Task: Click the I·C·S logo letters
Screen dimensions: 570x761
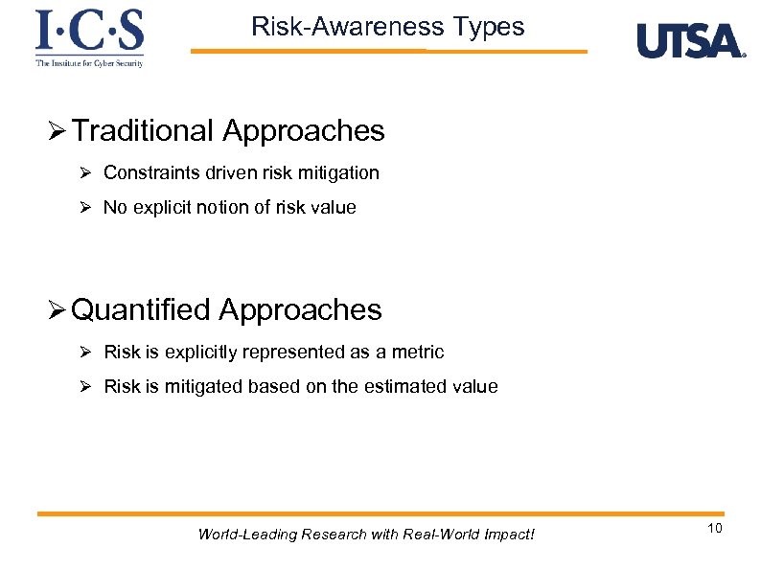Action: tap(89, 31)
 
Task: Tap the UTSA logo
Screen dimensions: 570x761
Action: tap(690, 41)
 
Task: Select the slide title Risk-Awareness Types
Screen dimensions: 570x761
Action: tap(388, 27)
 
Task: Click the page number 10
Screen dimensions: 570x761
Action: tap(714, 530)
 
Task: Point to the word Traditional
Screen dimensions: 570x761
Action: tap(143, 131)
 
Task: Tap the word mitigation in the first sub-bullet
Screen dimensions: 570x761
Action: tap(342, 173)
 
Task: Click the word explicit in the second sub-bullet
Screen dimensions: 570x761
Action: tap(159, 208)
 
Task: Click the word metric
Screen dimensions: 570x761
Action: tap(418, 353)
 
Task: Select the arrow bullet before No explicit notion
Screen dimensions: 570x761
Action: tap(84, 208)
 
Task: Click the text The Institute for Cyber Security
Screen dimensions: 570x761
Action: tap(89, 63)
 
